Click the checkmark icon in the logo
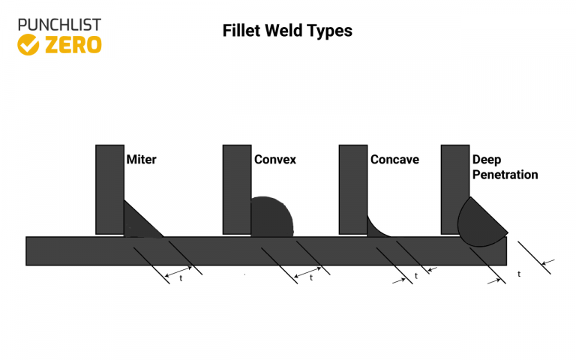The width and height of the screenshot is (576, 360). click(x=28, y=45)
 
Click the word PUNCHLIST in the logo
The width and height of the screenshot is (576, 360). click(x=59, y=25)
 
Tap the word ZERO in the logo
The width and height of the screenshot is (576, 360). click(x=72, y=45)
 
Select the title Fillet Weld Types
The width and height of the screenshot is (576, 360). click(x=287, y=31)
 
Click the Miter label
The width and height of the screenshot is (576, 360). click(x=142, y=160)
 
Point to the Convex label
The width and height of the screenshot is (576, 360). click(x=275, y=160)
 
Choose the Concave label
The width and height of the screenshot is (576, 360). click(x=394, y=160)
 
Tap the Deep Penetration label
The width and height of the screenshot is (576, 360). click(x=505, y=167)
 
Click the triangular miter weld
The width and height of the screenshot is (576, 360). click(x=136, y=223)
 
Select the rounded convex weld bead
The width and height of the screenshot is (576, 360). click(x=270, y=218)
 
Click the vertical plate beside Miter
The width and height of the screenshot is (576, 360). click(x=109, y=189)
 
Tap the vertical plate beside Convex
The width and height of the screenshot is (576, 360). click(x=236, y=189)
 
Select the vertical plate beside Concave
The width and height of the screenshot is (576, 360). click(x=352, y=189)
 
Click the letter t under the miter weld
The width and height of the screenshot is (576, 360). click(x=181, y=278)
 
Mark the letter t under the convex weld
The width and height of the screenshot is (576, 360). click(x=310, y=278)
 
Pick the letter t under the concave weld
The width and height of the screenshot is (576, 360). click(x=416, y=276)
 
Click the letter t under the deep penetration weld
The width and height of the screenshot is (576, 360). click(x=519, y=274)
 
